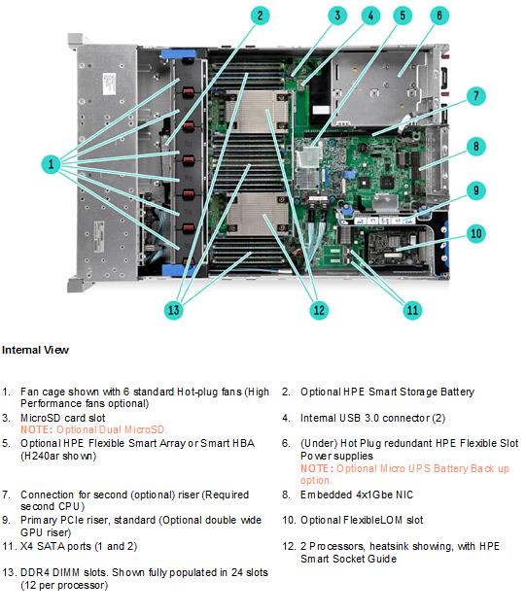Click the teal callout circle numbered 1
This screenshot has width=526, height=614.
click(x=51, y=163)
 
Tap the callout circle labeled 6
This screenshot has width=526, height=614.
click(x=439, y=16)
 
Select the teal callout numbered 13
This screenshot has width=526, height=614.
click(x=174, y=310)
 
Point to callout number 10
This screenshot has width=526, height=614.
click(x=475, y=234)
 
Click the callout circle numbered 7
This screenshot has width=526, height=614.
click(x=475, y=96)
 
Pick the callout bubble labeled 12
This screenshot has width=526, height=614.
click(x=319, y=310)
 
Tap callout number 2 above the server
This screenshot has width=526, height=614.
click(x=261, y=16)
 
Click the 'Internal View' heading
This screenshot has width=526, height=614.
click(x=35, y=350)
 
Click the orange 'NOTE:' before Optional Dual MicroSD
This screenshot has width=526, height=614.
click(x=36, y=429)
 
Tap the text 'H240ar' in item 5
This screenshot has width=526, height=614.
click(x=40, y=456)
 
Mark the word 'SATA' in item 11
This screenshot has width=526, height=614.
click(x=50, y=546)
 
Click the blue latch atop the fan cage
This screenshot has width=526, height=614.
click(x=178, y=53)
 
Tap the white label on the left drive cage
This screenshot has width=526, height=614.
click(x=109, y=84)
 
